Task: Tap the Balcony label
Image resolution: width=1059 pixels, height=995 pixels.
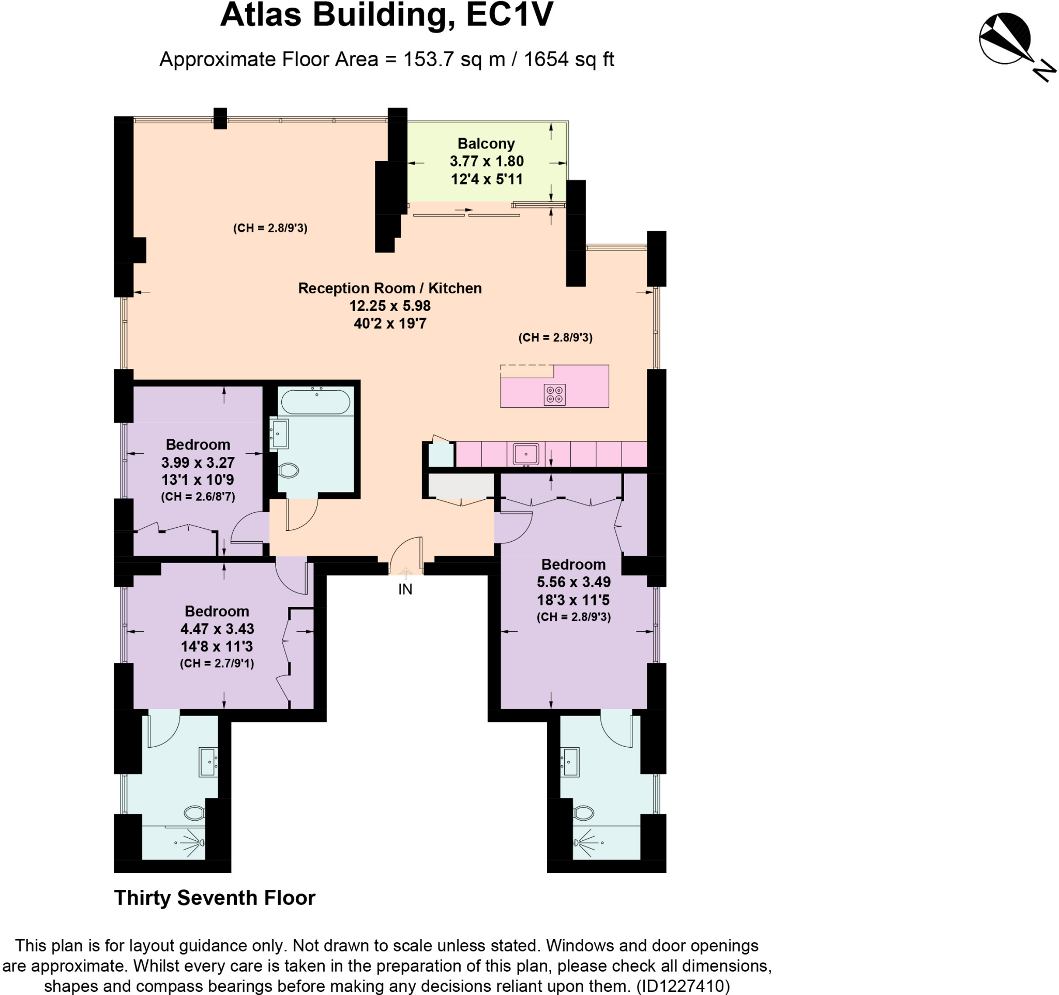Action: [x=486, y=144]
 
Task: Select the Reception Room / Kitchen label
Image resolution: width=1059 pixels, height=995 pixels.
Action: [x=389, y=288]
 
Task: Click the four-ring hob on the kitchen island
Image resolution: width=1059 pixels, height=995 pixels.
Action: [x=554, y=395]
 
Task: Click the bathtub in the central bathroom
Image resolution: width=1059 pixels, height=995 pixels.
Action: [x=315, y=402]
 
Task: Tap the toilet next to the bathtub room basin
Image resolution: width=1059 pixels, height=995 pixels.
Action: [x=288, y=470]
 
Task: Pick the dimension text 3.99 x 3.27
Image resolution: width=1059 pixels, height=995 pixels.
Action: [x=198, y=462]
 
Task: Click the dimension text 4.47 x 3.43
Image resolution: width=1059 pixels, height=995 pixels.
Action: [x=217, y=629]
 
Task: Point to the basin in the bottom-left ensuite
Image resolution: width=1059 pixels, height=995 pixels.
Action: [x=207, y=762]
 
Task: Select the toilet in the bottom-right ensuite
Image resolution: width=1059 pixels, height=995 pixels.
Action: [x=584, y=813]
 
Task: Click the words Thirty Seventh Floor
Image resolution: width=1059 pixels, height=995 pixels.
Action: [x=215, y=898]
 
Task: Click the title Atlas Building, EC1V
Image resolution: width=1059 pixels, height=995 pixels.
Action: [x=387, y=15]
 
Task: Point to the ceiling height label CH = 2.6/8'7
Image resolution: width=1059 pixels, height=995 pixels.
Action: [x=198, y=497]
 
